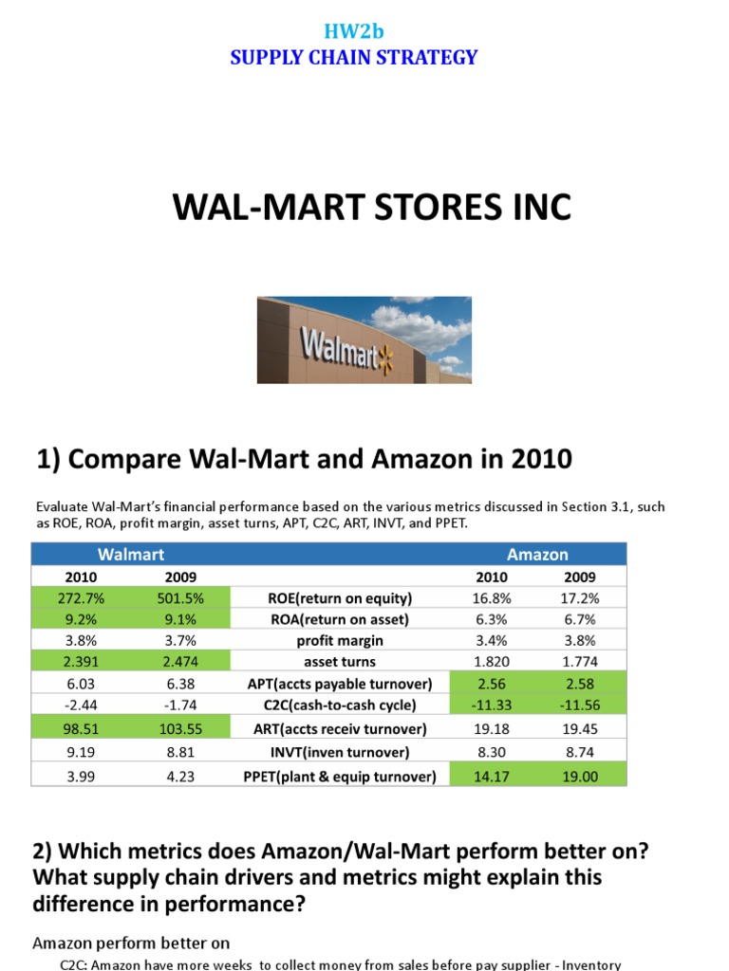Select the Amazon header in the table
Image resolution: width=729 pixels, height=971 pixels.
tap(537, 554)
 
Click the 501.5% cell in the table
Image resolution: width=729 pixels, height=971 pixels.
tap(181, 598)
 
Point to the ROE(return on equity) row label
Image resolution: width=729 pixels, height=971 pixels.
tap(340, 598)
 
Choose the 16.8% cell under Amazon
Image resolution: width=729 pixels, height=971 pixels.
tap(492, 598)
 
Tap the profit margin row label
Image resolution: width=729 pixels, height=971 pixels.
tap(340, 640)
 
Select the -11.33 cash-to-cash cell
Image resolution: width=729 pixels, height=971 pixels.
tap(492, 705)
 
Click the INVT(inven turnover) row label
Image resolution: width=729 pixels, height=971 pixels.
tap(340, 752)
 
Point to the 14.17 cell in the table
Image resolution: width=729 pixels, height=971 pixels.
tap(492, 776)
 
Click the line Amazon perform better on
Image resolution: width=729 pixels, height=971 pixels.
tap(131, 943)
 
